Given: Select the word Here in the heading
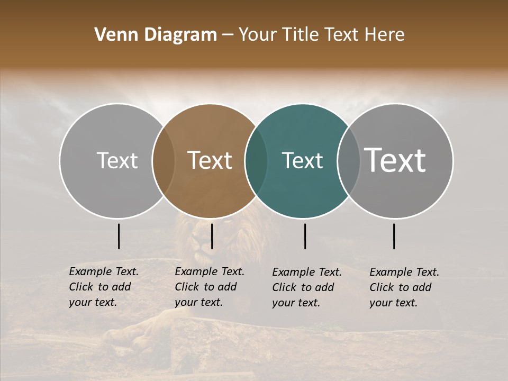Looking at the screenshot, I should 385,35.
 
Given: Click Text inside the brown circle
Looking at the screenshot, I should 210,160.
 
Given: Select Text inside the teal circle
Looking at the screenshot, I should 302,161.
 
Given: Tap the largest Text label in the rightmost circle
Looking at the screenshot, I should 395,160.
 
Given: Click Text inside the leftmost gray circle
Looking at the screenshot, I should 117,160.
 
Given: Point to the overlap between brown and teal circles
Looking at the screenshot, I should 256,161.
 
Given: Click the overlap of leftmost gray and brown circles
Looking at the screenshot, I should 164,161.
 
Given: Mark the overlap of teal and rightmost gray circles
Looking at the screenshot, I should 348,161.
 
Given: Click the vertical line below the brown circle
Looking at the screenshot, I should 212,236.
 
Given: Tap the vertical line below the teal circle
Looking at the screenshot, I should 305,236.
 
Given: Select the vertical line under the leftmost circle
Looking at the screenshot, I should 119,236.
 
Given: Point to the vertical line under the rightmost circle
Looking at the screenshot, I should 394,236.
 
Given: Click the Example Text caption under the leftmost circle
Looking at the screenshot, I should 104,287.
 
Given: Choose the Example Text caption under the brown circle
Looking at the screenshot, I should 210,287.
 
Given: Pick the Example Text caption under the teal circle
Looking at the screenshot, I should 307,287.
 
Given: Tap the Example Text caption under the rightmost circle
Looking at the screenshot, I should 404,287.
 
